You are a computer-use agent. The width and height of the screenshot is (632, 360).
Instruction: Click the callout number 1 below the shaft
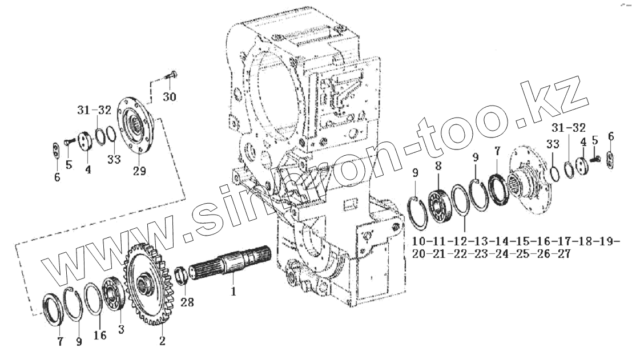(233, 291)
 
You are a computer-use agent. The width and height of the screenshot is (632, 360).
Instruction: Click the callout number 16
(100, 335)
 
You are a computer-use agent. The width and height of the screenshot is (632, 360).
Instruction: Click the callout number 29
(139, 171)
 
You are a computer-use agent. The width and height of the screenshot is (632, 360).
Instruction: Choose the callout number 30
(169, 97)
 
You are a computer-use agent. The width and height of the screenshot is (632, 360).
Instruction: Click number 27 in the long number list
(563, 254)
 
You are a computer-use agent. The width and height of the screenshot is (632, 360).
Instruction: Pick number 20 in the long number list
(419, 254)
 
